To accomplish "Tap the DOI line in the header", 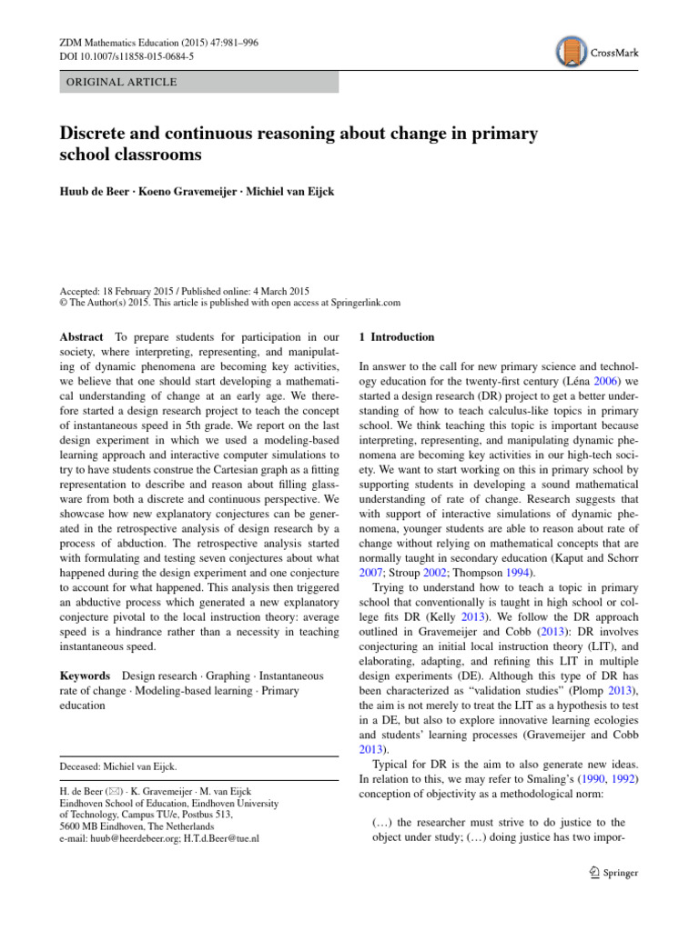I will (118, 56).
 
